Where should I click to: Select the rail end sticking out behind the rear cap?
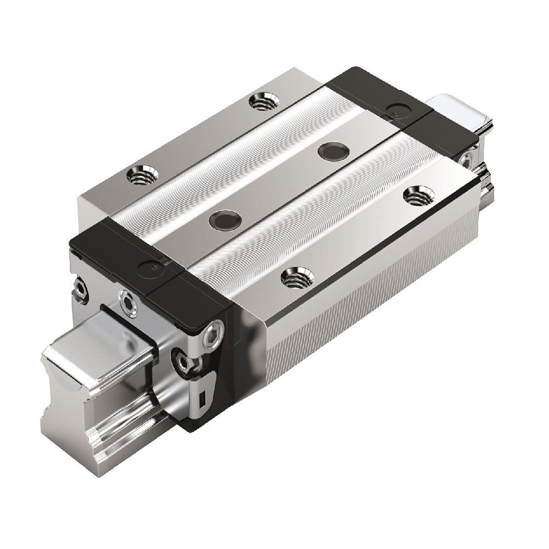pos(458,110)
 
